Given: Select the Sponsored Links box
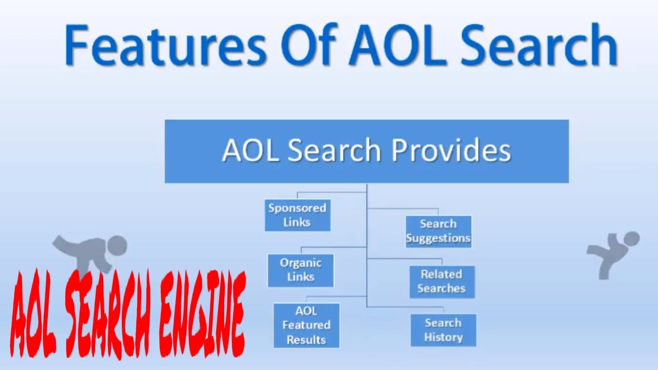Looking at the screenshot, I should coord(297,215).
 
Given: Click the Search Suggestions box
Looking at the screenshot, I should coord(438,231).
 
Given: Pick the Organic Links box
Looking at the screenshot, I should coord(301,270).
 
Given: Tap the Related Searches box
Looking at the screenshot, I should coord(442,282).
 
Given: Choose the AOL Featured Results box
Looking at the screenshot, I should coord(306,325).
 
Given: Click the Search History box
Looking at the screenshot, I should coord(443,330).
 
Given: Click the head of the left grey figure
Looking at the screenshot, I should coord(117,246).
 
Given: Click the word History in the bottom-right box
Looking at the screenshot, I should coord(443,338).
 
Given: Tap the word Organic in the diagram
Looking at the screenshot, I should coord(301,263).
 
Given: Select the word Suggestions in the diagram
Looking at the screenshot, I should coord(438,238).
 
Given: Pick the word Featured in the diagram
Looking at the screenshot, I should coord(306,325).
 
